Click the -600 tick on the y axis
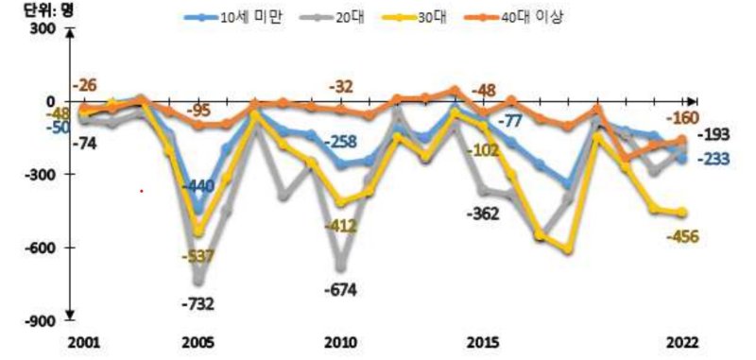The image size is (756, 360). [43, 249]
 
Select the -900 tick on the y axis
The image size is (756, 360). [43, 321]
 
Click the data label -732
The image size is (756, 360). [198, 303]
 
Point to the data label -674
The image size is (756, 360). [340, 288]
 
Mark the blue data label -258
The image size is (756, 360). [341, 142]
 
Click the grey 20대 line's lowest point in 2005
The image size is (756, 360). [198, 280]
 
